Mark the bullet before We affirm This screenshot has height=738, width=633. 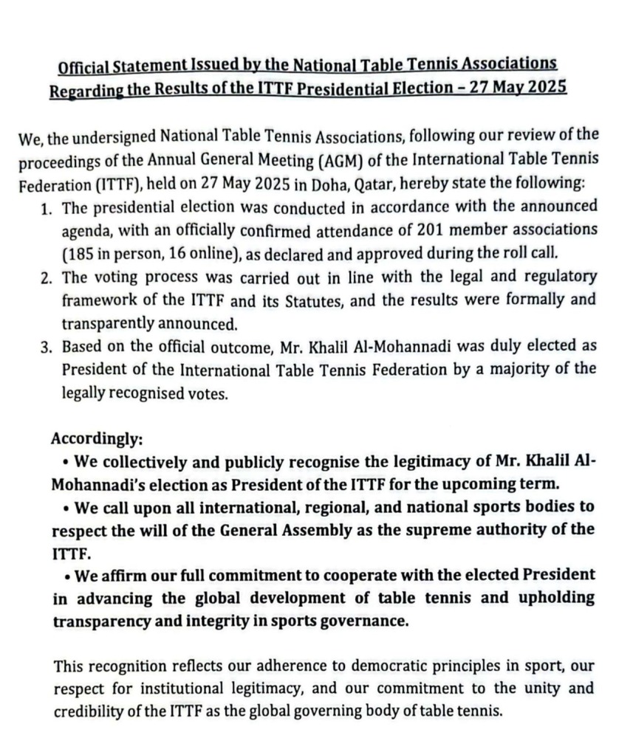[67, 575]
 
